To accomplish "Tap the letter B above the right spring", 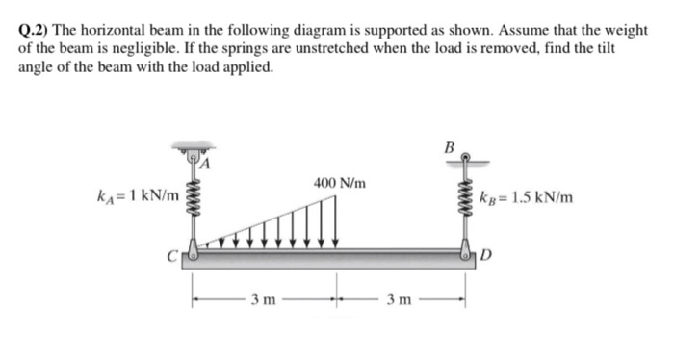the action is [x=447, y=149].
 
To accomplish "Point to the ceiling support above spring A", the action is [x=193, y=151].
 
